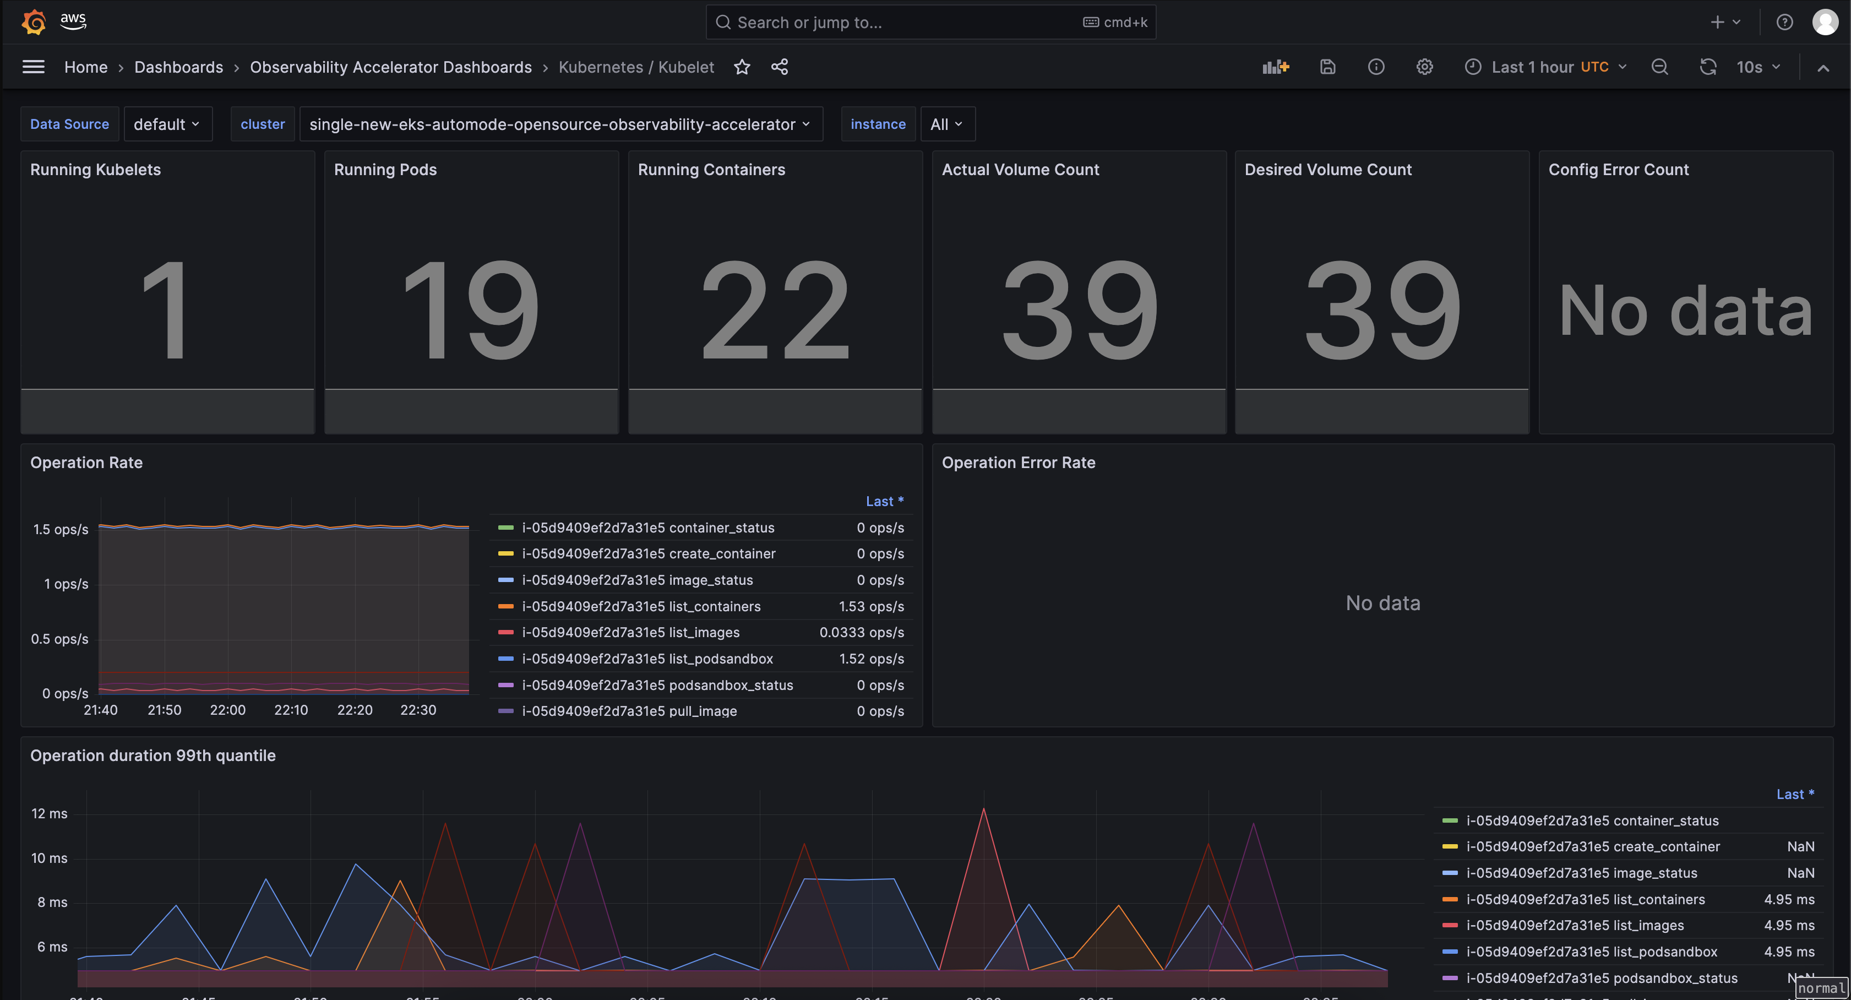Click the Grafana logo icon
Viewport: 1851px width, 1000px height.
point(33,21)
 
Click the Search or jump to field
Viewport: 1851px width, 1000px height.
point(898,22)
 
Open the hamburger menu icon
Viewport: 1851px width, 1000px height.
point(33,67)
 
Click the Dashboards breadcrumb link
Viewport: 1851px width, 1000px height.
point(178,67)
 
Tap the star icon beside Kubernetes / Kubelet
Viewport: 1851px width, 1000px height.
point(742,67)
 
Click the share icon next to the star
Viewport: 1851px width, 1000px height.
point(779,67)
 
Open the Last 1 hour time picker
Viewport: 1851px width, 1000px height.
point(1545,67)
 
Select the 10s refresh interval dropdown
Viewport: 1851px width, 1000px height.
point(1757,67)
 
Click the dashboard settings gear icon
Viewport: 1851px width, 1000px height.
point(1424,67)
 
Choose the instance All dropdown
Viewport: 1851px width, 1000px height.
point(946,124)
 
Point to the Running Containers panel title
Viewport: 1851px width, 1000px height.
point(711,170)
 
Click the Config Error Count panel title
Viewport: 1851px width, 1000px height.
point(1618,170)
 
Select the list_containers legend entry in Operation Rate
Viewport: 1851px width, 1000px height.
point(640,606)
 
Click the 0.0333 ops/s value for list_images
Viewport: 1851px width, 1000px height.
point(861,633)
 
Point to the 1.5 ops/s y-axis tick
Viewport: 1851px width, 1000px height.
point(61,529)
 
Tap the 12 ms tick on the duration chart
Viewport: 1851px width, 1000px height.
point(49,813)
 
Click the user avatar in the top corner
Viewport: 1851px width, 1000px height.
point(1825,21)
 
